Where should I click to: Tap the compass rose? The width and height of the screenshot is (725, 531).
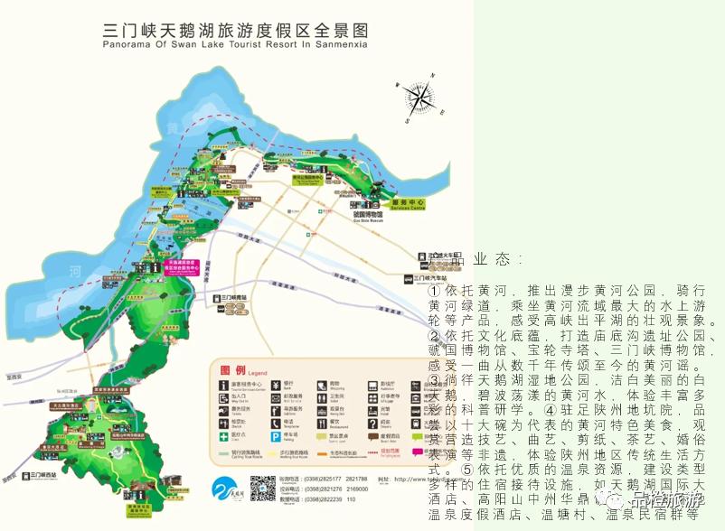418,98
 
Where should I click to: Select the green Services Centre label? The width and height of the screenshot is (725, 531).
407,204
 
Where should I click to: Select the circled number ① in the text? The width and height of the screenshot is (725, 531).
435,292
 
